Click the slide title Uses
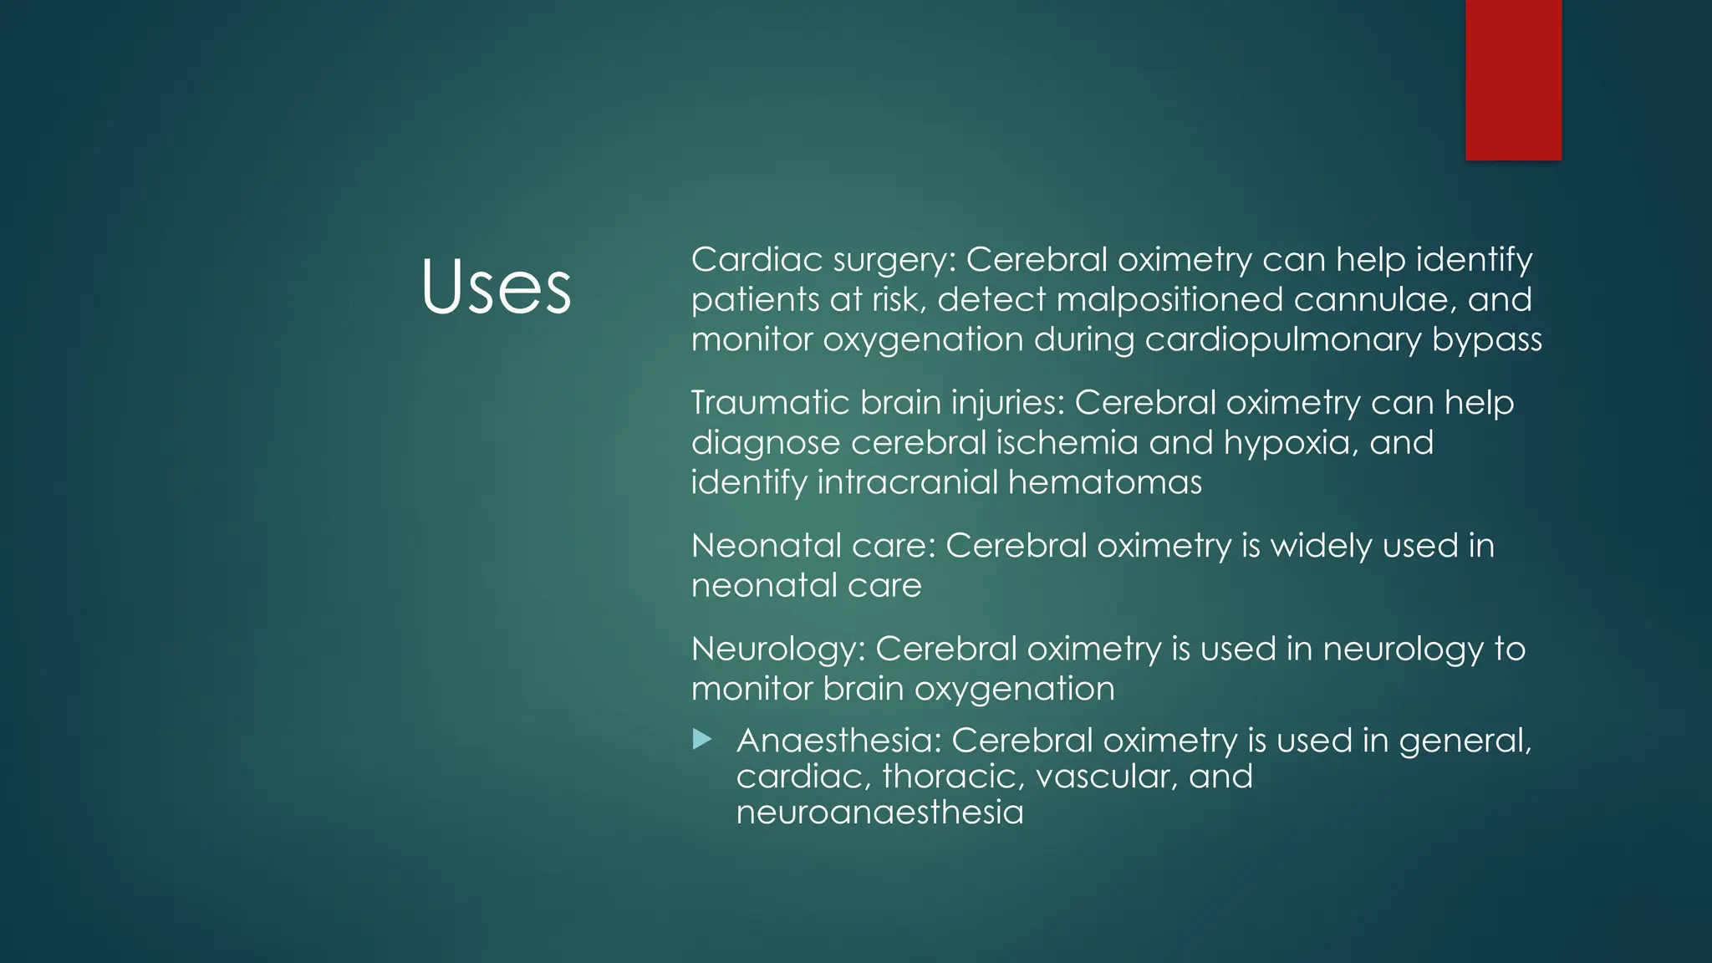tap(496, 287)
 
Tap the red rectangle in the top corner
tap(1513, 79)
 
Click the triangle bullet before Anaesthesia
tap(702, 739)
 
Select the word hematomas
tap(1104, 482)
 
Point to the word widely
tap(1321, 546)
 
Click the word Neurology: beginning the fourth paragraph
tap(778, 650)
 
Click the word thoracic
tap(953, 777)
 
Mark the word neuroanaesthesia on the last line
tap(879, 813)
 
